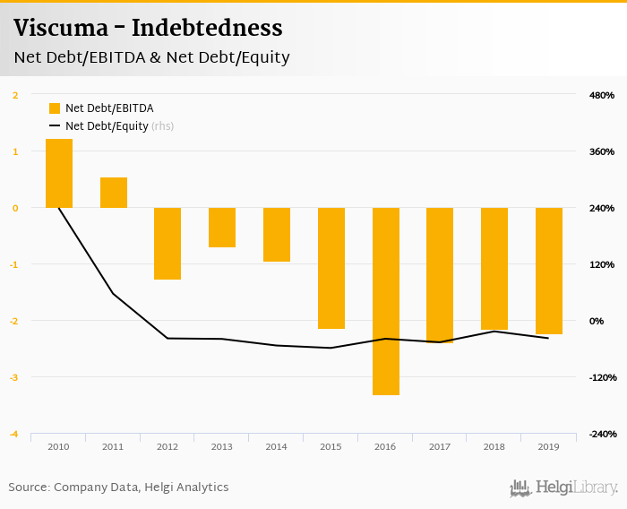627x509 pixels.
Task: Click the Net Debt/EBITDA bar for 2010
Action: pos(59,173)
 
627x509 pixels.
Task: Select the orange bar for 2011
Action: pos(114,193)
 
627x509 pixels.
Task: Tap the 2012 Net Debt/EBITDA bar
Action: pos(167,244)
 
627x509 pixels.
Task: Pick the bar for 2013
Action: pos(222,228)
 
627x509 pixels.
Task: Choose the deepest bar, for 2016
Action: pos(386,301)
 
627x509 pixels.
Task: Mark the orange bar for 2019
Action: pos(549,271)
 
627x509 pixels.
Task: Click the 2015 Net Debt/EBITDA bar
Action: pos(331,268)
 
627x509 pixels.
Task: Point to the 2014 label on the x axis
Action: pos(277,446)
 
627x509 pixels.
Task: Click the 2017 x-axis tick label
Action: pos(440,446)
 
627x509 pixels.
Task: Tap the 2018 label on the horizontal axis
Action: pos(494,446)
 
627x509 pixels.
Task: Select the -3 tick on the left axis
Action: pos(14,377)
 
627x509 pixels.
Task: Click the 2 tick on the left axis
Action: pos(15,95)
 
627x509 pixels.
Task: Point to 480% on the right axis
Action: pos(601,95)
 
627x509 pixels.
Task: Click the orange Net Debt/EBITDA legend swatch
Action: pos(55,108)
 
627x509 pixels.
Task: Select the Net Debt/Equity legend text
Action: pos(107,126)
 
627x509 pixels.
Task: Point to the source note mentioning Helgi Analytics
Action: pos(118,487)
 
